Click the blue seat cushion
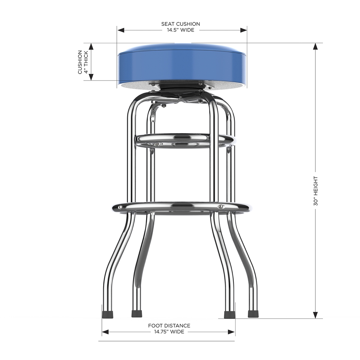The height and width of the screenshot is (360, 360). click(x=182, y=65)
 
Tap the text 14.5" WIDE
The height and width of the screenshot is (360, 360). click(x=180, y=30)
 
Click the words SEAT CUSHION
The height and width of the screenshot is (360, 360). click(x=180, y=24)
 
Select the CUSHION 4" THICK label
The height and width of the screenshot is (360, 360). click(x=83, y=62)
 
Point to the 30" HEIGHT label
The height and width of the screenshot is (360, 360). click(x=315, y=191)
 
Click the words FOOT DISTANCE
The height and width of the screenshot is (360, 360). click(x=169, y=326)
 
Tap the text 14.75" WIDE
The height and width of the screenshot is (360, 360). click(x=169, y=332)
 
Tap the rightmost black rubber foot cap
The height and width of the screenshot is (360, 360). click(x=253, y=314)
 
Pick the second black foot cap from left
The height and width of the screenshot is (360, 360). click(x=137, y=314)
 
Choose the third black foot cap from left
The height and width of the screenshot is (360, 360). click(x=229, y=314)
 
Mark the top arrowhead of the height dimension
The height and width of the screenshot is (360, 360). click(x=315, y=47)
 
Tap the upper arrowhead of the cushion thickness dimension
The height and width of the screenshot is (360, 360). click(x=91, y=47)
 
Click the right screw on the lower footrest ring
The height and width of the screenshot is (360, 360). click(x=221, y=207)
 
